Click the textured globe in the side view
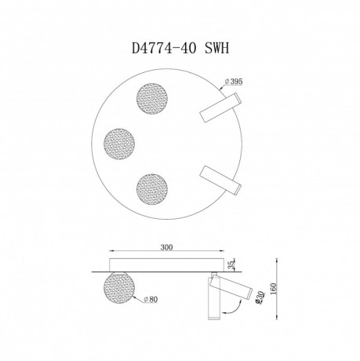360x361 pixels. [x=119, y=287]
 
